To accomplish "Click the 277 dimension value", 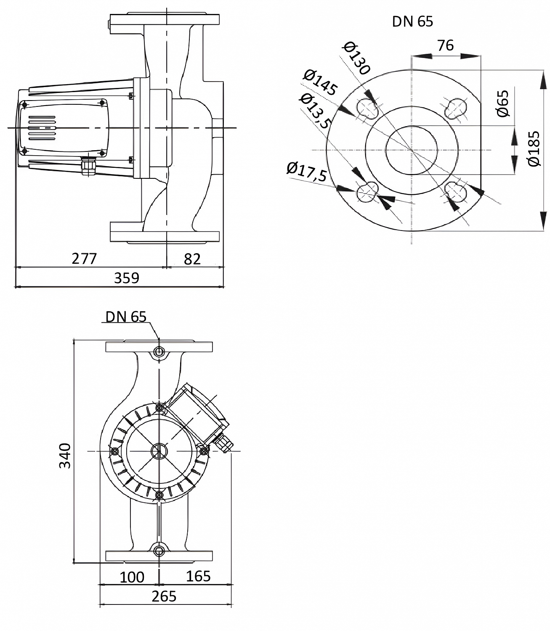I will [x=84, y=258].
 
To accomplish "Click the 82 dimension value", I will [x=192, y=259].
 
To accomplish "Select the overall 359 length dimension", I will [x=127, y=278].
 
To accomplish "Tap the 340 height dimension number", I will [x=65, y=455].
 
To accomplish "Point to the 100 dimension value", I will [x=132, y=577].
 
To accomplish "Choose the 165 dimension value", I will [x=198, y=576].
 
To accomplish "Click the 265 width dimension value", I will [x=164, y=596].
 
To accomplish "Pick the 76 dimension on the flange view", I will [x=445, y=45].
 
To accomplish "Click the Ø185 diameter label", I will [x=534, y=149].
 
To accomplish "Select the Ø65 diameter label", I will [x=503, y=103].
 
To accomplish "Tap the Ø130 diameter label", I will [x=356, y=58].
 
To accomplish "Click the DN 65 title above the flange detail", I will [x=412, y=21].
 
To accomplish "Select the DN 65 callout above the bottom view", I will [x=126, y=317].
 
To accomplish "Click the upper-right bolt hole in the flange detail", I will [x=455, y=107].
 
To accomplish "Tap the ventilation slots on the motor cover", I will [x=42, y=127].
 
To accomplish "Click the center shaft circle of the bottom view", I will [x=159, y=451].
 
